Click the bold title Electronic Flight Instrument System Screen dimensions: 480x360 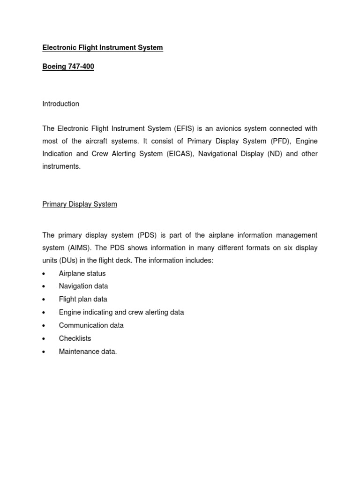point(103,47)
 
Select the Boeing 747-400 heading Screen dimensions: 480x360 point(68,67)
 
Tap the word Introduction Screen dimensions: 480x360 point(60,104)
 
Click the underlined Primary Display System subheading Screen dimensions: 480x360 point(80,204)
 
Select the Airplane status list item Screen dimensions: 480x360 point(82,273)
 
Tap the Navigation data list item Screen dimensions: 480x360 point(83,286)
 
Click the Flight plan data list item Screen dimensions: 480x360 point(83,299)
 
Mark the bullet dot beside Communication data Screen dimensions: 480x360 point(44,326)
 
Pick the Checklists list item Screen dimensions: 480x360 point(75,338)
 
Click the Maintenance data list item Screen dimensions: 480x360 point(88,352)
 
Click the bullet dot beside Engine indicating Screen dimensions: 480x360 point(44,313)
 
